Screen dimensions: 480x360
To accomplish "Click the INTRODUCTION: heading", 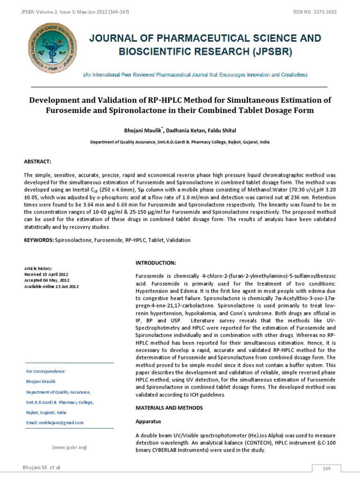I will click(x=155, y=262).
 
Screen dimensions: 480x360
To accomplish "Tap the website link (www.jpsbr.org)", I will click(x=69, y=448).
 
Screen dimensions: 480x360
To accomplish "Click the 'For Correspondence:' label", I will click(x=46, y=371).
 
